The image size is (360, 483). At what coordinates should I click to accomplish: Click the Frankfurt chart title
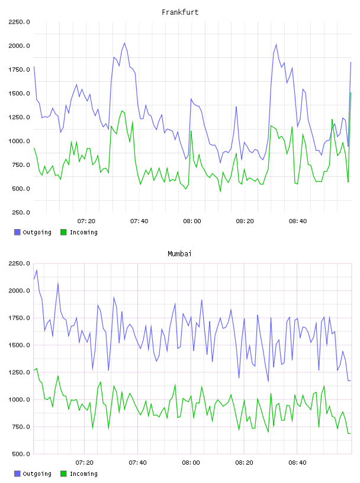[180, 12]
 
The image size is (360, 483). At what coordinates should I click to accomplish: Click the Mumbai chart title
[179, 254]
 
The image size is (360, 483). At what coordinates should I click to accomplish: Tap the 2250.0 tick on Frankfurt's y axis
[19, 22]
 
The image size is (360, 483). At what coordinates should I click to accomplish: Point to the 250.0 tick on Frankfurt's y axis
[21, 212]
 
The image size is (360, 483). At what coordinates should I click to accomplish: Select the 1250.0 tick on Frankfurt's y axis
[19, 117]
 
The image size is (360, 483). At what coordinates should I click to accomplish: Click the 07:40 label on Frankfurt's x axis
[139, 221]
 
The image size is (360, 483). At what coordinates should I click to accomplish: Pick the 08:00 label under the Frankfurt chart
[192, 221]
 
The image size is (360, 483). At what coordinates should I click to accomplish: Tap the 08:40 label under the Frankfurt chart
[298, 221]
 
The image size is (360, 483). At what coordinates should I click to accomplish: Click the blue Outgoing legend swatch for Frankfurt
[17, 232]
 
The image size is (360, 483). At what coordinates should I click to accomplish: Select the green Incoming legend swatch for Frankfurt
[63, 232]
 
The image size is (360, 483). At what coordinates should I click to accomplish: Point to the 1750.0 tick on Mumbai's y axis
[19, 318]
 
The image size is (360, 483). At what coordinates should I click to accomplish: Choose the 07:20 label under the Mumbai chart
[85, 463]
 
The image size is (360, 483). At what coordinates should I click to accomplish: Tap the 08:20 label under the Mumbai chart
[244, 463]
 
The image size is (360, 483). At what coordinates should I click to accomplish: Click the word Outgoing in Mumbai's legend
[37, 474]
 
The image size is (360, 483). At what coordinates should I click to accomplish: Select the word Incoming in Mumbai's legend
[83, 474]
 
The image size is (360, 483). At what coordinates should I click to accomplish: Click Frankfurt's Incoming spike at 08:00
[191, 131]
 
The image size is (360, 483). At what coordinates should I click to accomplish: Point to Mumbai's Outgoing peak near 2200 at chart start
[37, 270]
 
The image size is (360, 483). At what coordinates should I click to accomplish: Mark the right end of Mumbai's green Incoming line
[351, 433]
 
